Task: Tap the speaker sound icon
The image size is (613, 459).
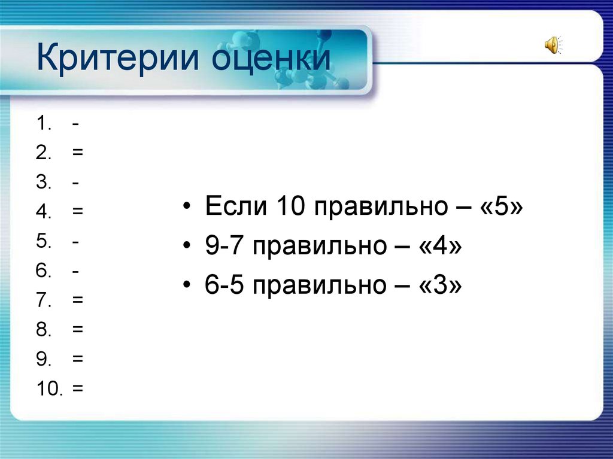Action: tap(552, 45)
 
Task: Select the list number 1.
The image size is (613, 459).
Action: tap(42, 124)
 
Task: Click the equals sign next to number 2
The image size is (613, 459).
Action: tap(78, 153)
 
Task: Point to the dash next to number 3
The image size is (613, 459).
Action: tap(77, 183)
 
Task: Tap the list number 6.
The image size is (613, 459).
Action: tap(42, 270)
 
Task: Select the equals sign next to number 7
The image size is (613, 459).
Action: tap(78, 300)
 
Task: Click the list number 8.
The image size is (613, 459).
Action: tap(42, 329)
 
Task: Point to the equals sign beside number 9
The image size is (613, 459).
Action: tap(78, 358)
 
